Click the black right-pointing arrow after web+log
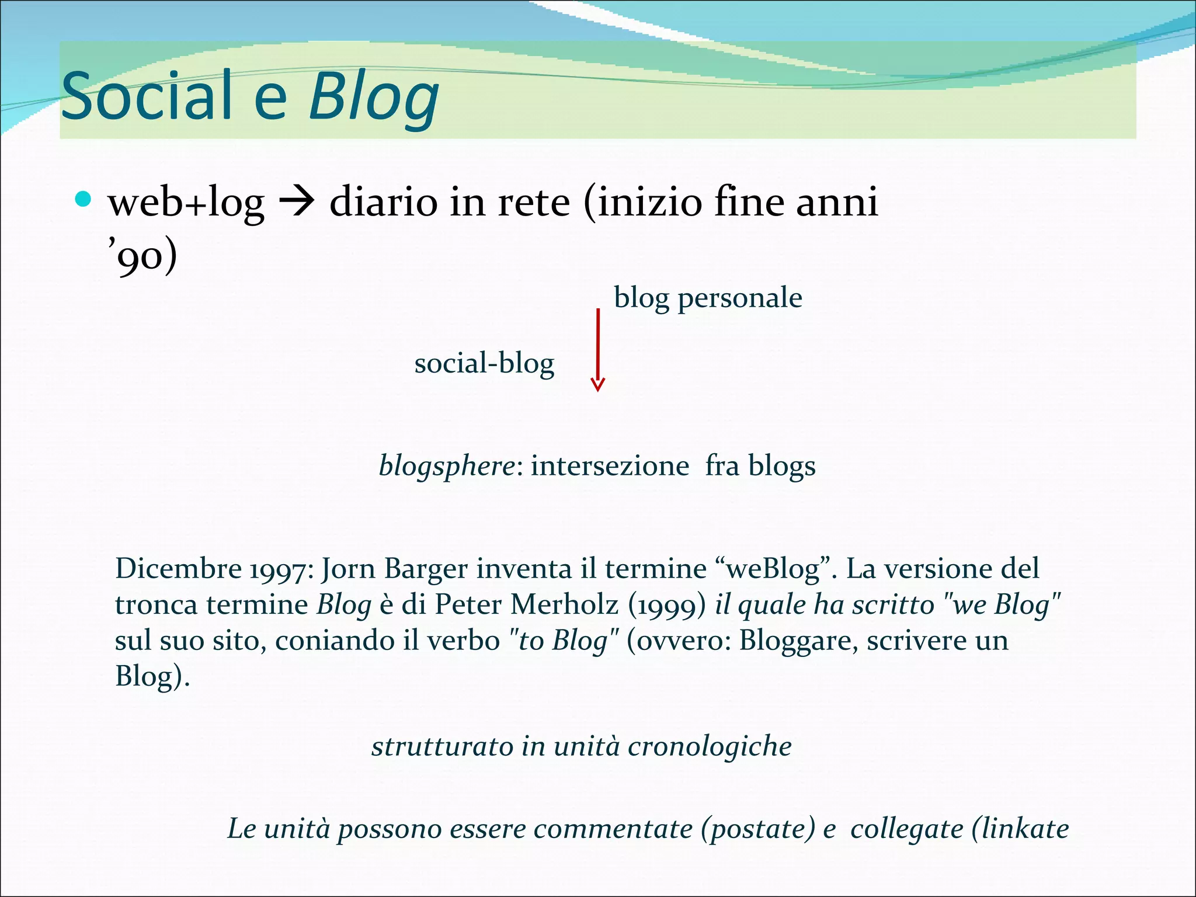[x=297, y=203]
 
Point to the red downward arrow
[x=597, y=350]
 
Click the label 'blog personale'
[x=708, y=298]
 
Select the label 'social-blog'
[x=484, y=364]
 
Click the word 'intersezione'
[x=610, y=466]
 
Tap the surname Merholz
[x=564, y=605]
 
